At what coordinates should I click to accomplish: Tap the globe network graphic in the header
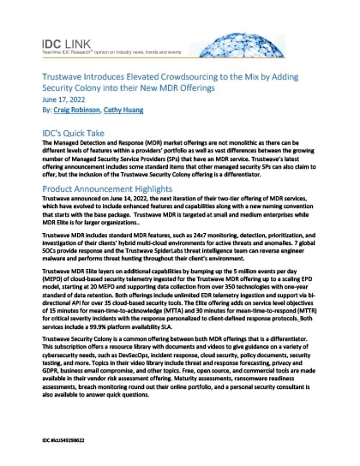(x=301, y=38)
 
